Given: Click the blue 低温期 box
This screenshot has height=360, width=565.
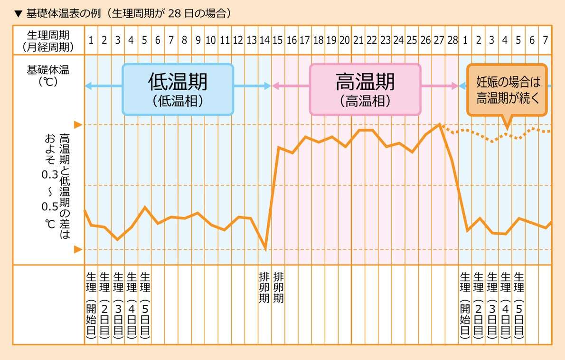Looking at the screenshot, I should tap(178, 89).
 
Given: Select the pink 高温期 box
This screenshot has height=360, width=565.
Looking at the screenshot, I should tap(365, 89).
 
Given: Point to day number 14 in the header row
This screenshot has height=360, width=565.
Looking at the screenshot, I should tap(264, 40).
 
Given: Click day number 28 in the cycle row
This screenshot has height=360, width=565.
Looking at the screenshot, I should tap(452, 40).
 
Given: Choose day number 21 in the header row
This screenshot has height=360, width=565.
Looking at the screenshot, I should tap(358, 40).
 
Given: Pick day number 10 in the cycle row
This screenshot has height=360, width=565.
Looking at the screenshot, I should tap(211, 40).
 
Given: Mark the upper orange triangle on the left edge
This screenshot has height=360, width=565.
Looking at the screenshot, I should tap(78, 125).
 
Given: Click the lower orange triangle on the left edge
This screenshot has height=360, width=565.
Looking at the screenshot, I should tap(78, 249).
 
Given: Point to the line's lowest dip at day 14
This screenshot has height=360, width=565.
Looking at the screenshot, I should tap(265, 249).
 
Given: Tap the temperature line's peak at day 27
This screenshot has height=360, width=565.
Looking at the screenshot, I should tap(440, 124).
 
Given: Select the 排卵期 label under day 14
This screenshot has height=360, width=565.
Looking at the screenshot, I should tap(264, 287).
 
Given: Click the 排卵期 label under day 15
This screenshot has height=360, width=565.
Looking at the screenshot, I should tap(279, 287).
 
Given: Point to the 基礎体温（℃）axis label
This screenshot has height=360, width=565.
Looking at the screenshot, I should tap(48, 75).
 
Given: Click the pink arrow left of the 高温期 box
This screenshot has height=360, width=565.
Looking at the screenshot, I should tap(290, 86).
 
